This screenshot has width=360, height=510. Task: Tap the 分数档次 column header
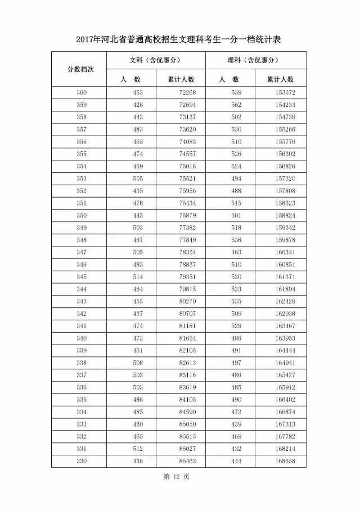tap(80, 69)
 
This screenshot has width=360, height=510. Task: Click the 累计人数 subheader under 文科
tap(181, 79)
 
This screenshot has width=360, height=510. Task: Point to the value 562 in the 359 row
tap(236, 105)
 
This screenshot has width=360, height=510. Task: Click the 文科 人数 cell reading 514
tap(138, 277)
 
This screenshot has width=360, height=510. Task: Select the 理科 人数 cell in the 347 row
tap(236, 252)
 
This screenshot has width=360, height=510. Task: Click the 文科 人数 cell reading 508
tap(138, 363)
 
